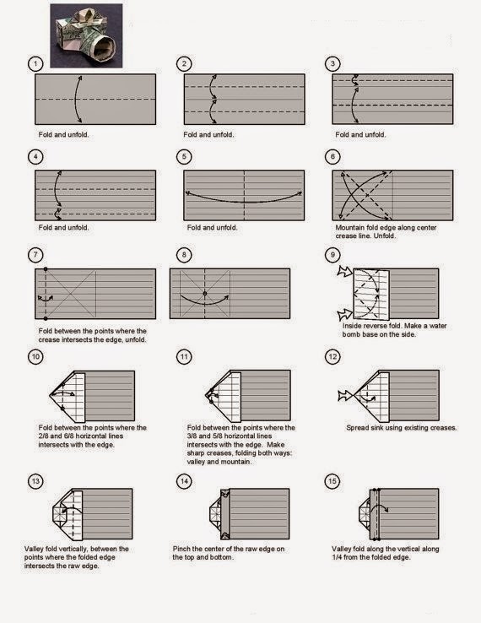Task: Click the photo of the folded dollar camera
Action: point(84,35)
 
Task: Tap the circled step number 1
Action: point(35,64)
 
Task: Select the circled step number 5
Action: point(183,157)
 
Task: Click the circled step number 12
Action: point(332,357)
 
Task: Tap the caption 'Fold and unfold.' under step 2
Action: point(211,135)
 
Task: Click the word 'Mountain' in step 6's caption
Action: point(350,228)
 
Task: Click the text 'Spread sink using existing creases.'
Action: point(401,428)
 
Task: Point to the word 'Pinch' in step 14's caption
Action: point(182,548)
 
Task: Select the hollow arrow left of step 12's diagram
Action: point(343,393)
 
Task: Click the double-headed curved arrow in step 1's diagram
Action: point(76,100)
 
